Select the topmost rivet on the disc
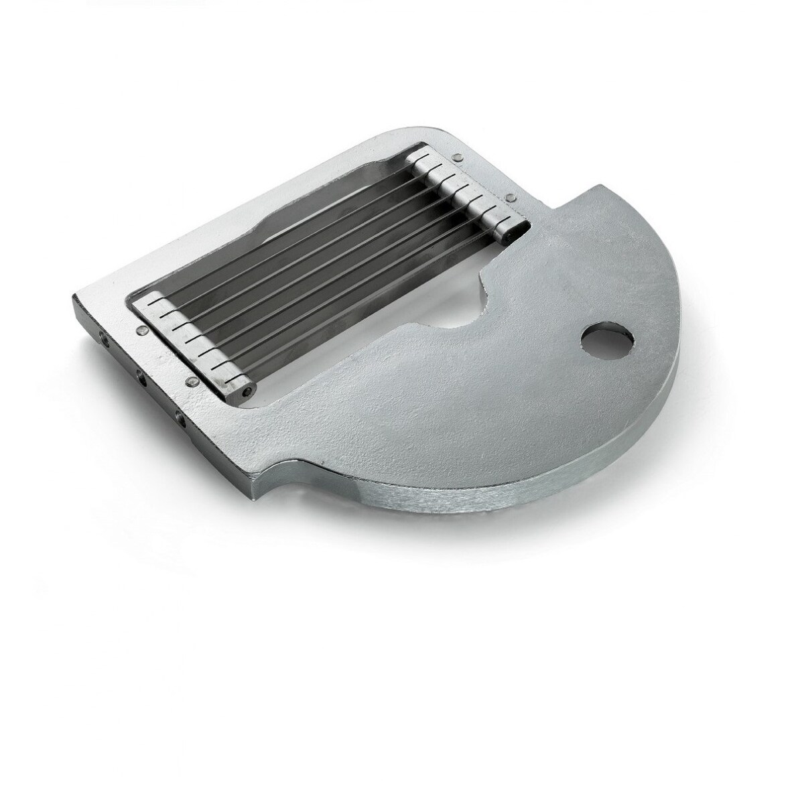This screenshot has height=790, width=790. pyautogui.click(x=456, y=158)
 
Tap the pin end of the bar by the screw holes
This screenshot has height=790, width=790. pyautogui.click(x=249, y=388)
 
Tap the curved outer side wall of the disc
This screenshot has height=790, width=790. pyautogui.click(x=536, y=503)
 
